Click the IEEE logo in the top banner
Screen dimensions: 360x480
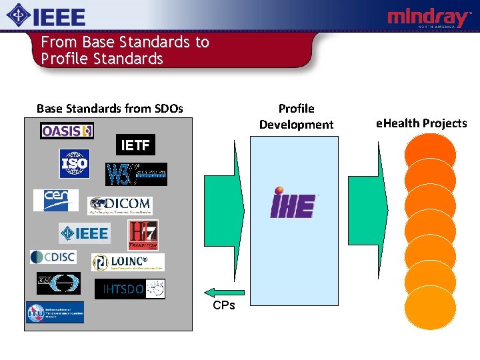(x=46, y=16)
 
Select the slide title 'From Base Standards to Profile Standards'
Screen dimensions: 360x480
(x=125, y=51)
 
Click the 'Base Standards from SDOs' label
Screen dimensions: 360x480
(x=110, y=108)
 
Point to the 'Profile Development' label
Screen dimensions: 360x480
(x=296, y=116)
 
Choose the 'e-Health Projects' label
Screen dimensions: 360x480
(x=421, y=123)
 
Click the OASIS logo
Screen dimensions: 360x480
(x=67, y=131)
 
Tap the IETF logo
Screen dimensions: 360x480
(x=135, y=145)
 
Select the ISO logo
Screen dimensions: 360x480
(x=74, y=163)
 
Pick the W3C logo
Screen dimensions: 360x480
(x=137, y=174)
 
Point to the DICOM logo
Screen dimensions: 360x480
(x=119, y=205)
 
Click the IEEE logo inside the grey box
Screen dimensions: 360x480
(x=84, y=233)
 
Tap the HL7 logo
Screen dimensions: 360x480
(x=143, y=235)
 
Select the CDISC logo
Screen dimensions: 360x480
(x=53, y=257)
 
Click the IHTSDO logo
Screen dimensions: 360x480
(x=130, y=289)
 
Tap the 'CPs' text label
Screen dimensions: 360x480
(x=223, y=305)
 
